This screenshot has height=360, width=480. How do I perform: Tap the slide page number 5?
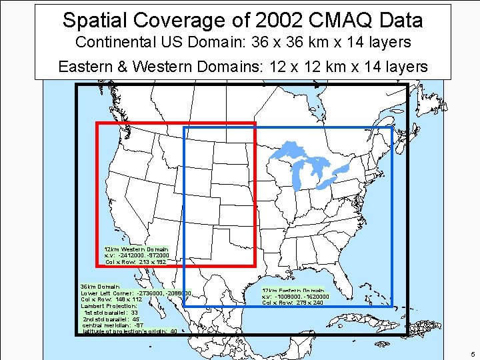[x=471, y=354]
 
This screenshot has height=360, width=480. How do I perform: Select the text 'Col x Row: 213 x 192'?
[x=135, y=262]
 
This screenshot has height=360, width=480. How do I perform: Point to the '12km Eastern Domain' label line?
[x=293, y=291]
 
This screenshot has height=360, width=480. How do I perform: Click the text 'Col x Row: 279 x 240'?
[x=293, y=303]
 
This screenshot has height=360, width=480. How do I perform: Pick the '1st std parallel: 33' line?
[x=111, y=312]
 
